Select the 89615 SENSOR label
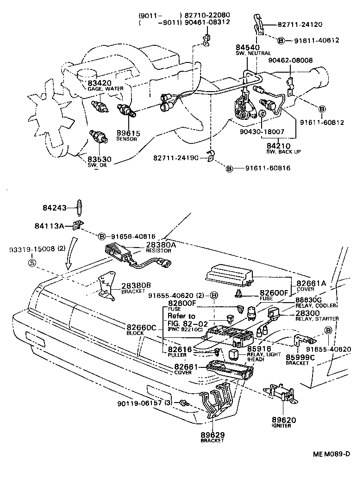(129, 133)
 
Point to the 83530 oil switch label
(99, 160)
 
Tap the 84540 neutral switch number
(247, 47)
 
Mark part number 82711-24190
(176, 158)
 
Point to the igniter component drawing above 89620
(279, 393)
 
